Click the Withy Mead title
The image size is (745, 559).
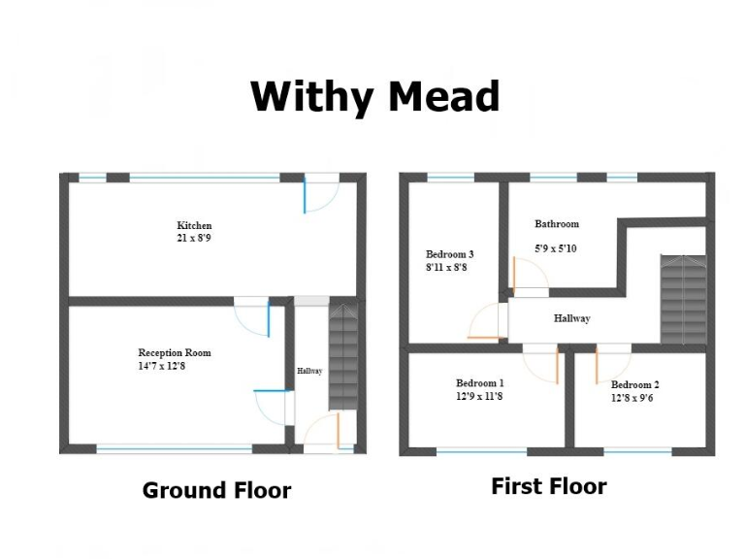pyautogui.click(x=374, y=97)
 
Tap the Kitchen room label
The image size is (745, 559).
pyautogui.click(x=194, y=225)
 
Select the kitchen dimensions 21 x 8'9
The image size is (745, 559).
pyautogui.click(x=194, y=238)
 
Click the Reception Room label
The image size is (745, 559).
pyautogui.click(x=175, y=353)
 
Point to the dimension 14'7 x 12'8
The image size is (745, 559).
pyautogui.click(x=175, y=366)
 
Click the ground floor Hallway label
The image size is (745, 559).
pyautogui.click(x=309, y=372)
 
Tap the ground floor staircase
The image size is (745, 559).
pyautogui.click(x=343, y=355)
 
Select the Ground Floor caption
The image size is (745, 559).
pyautogui.click(x=216, y=490)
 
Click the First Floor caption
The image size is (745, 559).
pyautogui.click(x=549, y=486)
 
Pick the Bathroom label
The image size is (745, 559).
pyautogui.click(x=557, y=224)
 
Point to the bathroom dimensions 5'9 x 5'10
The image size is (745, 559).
pyautogui.click(x=557, y=248)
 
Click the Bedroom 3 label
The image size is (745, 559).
pyautogui.click(x=450, y=254)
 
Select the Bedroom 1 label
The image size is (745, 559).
pyautogui.click(x=480, y=383)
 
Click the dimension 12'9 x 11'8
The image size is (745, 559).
pyautogui.click(x=480, y=396)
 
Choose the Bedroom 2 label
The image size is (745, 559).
pyautogui.click(x=635, y=385)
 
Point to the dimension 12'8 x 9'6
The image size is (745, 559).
pyautogui.click(x=635, y=398)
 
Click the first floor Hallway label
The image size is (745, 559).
pyautogui.click(x=572, y=318)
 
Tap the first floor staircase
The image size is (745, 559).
pyautogui.click(x=683, y=298)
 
